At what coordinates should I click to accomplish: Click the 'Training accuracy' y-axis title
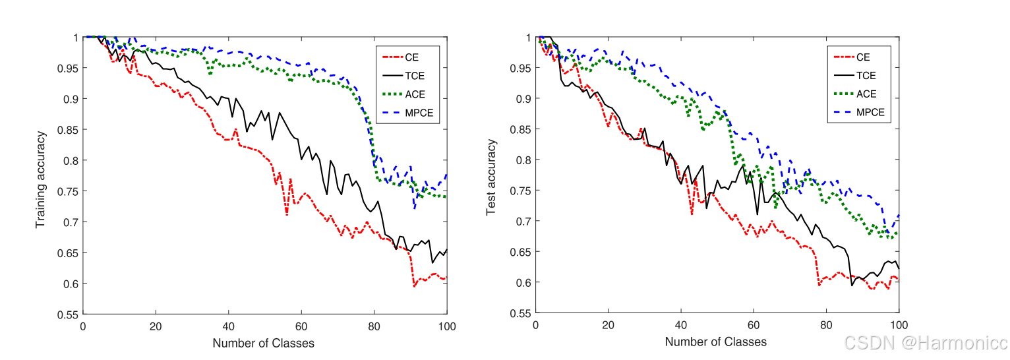41,179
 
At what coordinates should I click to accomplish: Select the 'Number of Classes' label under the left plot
263,343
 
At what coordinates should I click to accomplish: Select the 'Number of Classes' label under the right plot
715,342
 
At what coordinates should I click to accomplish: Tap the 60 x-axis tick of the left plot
301,326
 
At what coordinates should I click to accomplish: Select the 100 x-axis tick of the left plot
446,326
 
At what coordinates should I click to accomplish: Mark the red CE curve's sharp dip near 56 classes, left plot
287,214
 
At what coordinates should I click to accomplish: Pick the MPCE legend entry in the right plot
861,113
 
